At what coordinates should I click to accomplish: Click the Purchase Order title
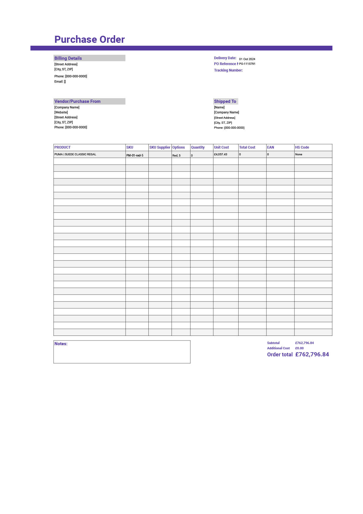(90, 40)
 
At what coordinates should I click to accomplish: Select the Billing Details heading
(68, 58)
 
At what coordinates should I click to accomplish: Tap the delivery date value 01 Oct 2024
(247, 59)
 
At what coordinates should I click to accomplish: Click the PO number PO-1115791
(247, 64)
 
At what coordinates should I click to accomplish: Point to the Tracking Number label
(228, 70)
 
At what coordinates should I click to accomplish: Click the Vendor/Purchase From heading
(77, 101)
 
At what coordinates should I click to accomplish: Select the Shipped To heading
(225, 101)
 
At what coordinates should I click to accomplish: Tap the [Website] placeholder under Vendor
(61, 113)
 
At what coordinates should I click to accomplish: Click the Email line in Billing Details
(60, 82)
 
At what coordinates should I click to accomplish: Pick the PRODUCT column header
(62, 147)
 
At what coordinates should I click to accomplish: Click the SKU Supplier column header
(160, 147)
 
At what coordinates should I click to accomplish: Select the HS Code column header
(302, 147)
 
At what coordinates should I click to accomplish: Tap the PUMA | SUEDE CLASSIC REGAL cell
(75, 154)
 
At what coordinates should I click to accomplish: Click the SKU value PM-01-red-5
(135, 155)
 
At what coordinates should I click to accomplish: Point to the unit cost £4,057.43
(220, 154)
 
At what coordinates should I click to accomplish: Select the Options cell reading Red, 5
(176, 155)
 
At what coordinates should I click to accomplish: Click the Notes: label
(61, 344)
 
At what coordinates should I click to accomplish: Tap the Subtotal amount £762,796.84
(304, 343)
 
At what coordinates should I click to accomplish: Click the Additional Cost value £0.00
(299, 348)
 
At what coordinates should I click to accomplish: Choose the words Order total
(280, 355)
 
